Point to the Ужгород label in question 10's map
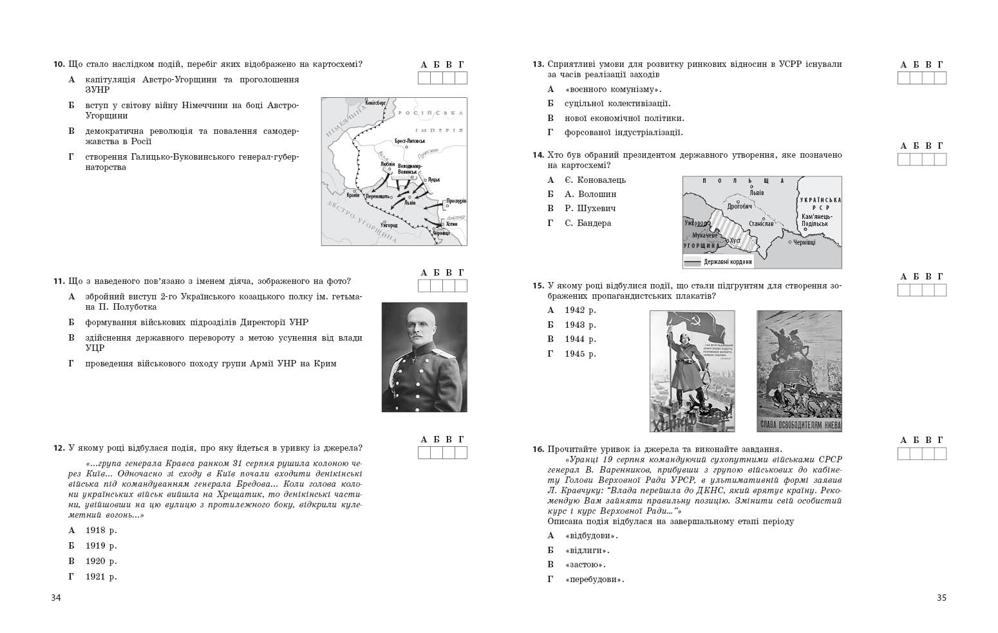point(389,225)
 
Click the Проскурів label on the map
point(456,201)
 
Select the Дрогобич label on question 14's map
point(739,207)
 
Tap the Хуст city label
point(735,240)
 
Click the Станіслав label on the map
point(761,223)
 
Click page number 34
point(56,598)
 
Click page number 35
point(941,598)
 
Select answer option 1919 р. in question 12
point(101,545)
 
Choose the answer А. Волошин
point(590,194)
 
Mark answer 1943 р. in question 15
point(580,325)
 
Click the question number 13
point(538,64)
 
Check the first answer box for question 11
point(424,286)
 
